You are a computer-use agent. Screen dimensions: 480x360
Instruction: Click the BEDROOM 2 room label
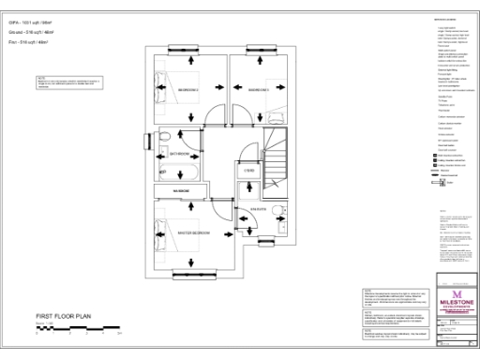[187, 90]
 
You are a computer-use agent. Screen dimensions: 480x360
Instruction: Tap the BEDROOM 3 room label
[258, 90]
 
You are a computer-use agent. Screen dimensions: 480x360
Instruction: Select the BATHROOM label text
[180, 153]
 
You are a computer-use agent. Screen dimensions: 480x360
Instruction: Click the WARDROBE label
[179, 191]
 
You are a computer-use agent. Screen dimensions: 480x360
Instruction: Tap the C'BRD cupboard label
[250, 170]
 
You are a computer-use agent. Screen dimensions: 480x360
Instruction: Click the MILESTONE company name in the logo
[457, 303]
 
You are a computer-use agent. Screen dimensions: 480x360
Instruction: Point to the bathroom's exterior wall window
[148, 142]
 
